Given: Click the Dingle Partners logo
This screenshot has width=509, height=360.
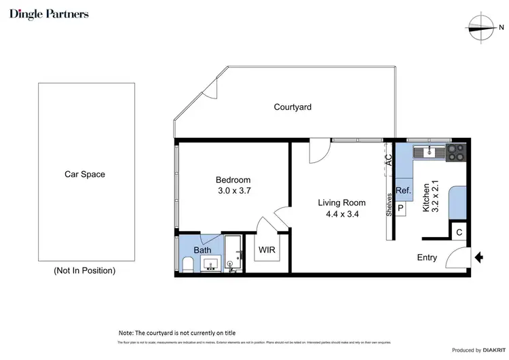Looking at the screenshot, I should click(x=49, y=14).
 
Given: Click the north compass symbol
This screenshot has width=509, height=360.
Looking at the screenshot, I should click(x=483, y=27).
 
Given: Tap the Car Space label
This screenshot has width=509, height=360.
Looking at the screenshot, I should click(x=85, y=175).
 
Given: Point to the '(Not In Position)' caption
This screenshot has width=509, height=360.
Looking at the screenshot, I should click(x=84, y=270).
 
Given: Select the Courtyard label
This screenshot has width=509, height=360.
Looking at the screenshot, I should click(x=293, y=107).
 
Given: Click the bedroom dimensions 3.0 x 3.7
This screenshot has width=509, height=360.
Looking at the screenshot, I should click(x=233, y=191).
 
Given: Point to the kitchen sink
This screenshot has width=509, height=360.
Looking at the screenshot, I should click(x=430, y=151).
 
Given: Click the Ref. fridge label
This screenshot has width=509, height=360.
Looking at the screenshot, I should click(x=402, y=190).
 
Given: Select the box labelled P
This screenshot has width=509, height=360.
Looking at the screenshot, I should click(x=400, y=209).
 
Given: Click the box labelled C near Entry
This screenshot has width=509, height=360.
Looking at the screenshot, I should click(x=459, y=232).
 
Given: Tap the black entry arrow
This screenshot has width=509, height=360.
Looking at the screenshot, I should click(x=478, y=257).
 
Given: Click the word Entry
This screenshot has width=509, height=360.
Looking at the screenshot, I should click(x=427, y=257).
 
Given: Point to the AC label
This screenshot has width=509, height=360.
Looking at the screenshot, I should click(x=389, y=160).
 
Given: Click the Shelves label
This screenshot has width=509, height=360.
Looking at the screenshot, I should click(x=389, y=206).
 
